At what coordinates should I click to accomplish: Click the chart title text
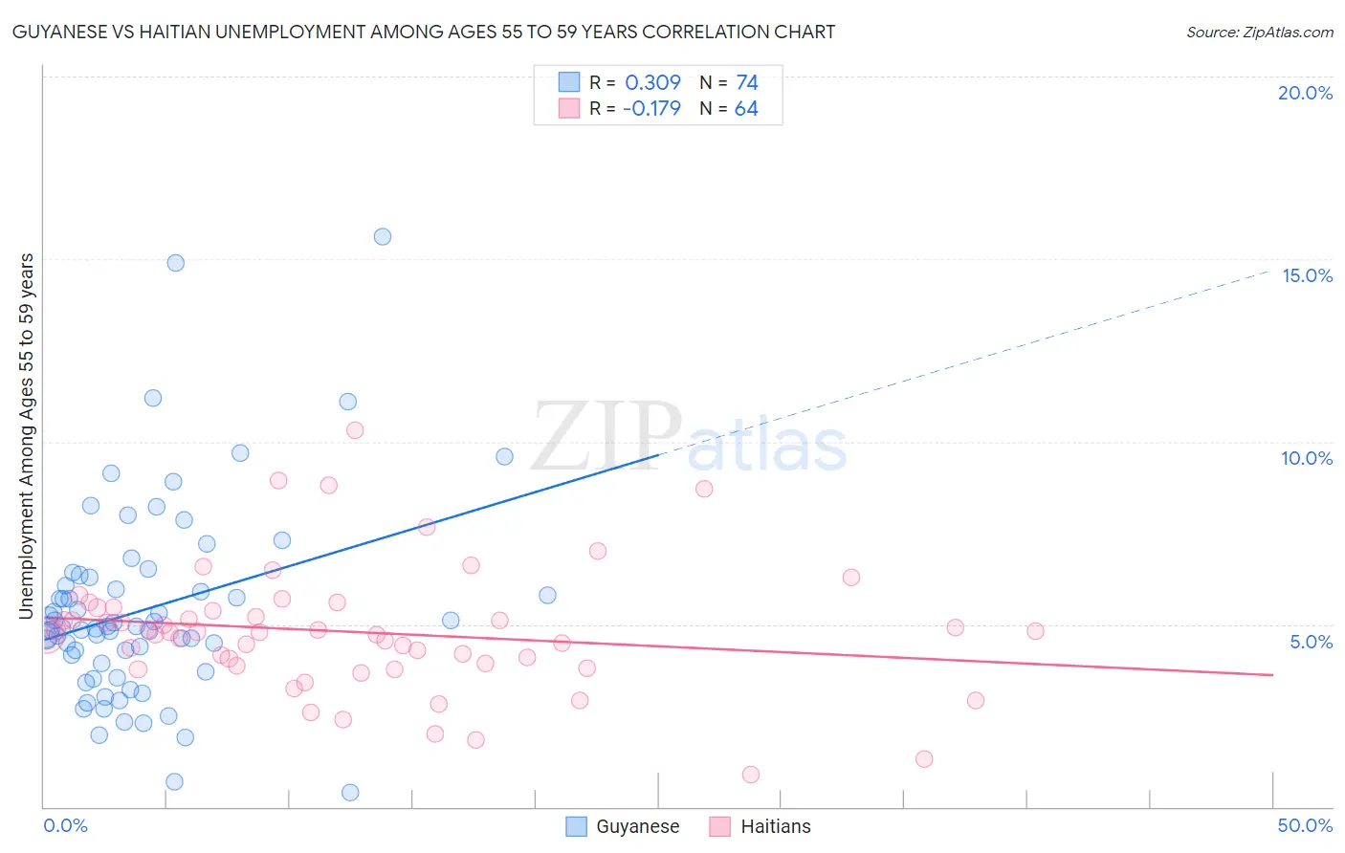pos(423,32)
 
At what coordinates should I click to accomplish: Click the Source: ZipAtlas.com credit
pos(1259,32)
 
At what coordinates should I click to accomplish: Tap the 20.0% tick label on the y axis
pos(1305,93)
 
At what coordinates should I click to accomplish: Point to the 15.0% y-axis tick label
pos(1307,275)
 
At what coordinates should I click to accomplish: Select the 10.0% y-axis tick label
pos(1307,458)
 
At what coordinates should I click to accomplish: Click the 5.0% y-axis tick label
pos(1311,642)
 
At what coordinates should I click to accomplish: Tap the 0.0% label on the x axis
pos(65,825)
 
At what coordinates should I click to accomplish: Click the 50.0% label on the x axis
pos(1305,825)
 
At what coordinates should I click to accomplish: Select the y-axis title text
pos(27,436)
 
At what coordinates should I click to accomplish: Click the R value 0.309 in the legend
pos(652,83)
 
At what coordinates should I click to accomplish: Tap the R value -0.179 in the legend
pos(651,109)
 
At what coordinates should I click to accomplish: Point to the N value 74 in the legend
pos(746,83)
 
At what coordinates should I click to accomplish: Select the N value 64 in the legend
pos(746,109)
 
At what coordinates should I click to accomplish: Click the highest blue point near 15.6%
pos(383,236)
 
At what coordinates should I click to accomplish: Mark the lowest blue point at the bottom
pos(350,792)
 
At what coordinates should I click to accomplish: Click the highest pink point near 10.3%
pos(355,430)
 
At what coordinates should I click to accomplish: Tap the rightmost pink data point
pos(1035,631)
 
